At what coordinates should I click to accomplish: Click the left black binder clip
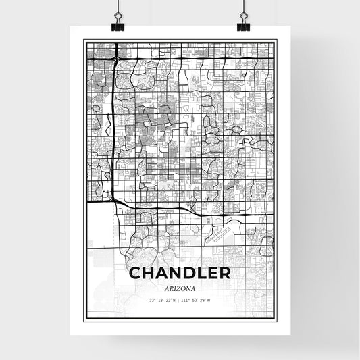click(117, 24)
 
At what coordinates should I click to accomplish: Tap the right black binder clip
click(242, 24)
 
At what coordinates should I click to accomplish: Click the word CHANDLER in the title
click(179, 274)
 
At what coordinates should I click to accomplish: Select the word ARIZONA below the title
click(180, 288)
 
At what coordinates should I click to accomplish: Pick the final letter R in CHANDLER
click(224, 274)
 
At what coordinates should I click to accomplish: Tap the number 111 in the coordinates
click(186, 300)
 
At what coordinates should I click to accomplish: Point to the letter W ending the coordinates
click(209, 300)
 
